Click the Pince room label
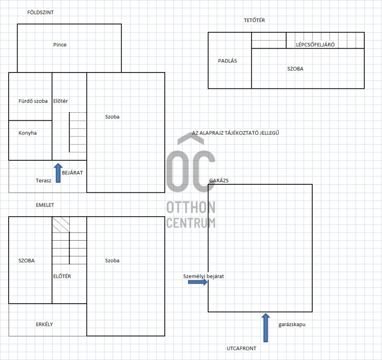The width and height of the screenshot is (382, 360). [60, 44]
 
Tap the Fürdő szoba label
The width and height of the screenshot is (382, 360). [33, 101]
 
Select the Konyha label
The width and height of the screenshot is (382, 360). [28, 133]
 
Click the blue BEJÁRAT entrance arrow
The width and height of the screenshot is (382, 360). [58, 173]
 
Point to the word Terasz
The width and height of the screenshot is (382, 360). [43, 180]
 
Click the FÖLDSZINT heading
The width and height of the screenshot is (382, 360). [40, 12]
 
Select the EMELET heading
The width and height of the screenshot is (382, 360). [45, 205]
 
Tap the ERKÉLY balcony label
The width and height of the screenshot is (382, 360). [44, 324]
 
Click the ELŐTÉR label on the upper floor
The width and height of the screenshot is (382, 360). [62, 276]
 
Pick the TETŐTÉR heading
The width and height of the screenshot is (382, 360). [255, 20]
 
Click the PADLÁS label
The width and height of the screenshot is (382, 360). [227, 61]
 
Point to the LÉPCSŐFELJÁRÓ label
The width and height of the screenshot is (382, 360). [315, 45]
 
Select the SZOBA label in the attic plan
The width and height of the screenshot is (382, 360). [295, 69]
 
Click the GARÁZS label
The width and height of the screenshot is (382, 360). [219, 180]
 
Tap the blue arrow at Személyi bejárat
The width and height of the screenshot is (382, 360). [198, 282]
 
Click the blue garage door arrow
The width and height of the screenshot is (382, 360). [265, 328]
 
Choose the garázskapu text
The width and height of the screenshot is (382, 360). [292, 325]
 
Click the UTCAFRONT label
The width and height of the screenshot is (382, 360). [242, 349]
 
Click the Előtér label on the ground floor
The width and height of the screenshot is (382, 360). [61, 101]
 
